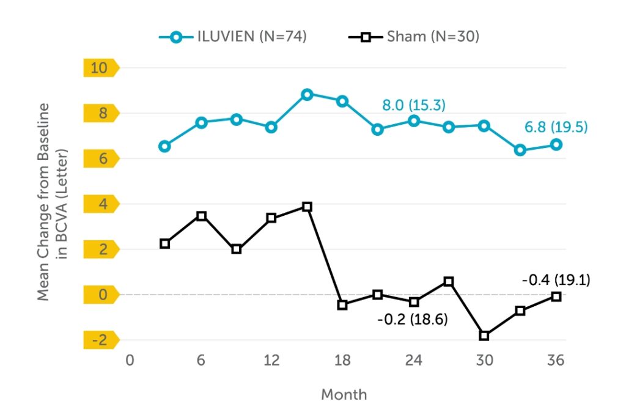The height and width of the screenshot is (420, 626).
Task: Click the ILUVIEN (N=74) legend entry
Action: pos(233,37)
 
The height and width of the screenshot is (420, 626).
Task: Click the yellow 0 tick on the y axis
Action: pos(99,295)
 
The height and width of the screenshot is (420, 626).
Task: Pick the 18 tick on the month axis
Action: pos(342,360)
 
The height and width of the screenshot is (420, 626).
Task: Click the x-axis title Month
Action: pos(344,394)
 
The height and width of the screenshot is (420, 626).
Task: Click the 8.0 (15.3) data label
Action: pos(413,105)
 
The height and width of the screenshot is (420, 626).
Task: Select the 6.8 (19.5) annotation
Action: pos(556,127)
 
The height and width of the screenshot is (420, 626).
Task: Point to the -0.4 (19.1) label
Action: pos(556,281)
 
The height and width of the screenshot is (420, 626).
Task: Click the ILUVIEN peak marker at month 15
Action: pos(307,94)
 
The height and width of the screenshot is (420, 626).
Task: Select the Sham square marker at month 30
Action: pos(484,336)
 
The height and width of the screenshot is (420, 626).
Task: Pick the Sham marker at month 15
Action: pos(307,207)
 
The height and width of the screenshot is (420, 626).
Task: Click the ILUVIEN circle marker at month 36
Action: pos(556,144)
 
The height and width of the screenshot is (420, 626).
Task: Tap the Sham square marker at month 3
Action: pos(164,243)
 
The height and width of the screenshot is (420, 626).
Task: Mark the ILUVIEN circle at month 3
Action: pos(164,146)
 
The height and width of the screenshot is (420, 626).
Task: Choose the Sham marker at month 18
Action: pos(342,304)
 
